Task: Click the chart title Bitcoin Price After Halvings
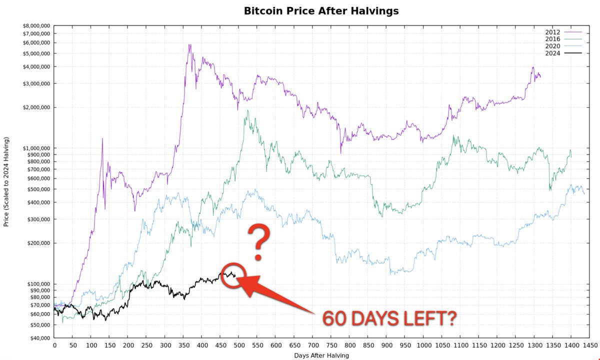coord(321,10)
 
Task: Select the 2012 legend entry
coord(553,31)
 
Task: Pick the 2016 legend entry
coord(553,38)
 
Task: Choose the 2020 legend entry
coord(553,45)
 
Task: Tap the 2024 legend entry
coord(553,52)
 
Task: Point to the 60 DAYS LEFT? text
coord(388,318)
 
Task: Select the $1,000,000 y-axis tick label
coord(36,148)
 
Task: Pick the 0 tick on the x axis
coord(54,345)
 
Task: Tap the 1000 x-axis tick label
coord(423,345)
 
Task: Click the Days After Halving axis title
coord(322,355)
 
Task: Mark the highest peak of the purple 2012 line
coord(189,44)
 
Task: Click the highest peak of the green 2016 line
coord(247,110)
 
